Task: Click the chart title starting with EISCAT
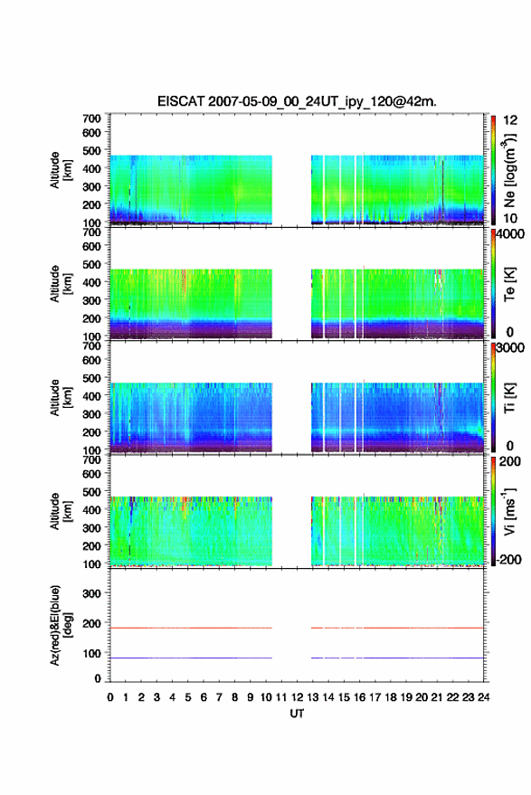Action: [297, 101]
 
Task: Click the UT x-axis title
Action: [297, 714]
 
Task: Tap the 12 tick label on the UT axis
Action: [298, 697]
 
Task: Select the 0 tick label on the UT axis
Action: [110, 697]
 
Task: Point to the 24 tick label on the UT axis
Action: [483, 697]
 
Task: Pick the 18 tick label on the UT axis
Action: [391, 697]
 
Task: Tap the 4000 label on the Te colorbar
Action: [509, 234]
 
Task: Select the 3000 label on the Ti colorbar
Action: [509, 348]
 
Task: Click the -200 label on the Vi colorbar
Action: [507, 559]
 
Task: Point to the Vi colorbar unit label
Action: [509, 511]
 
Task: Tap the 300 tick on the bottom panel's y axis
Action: [91, 593]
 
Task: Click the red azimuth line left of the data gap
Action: [191, 628]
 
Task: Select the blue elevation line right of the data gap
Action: [397, 658]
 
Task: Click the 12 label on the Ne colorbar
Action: [510, 120]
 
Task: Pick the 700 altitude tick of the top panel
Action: [91, 118]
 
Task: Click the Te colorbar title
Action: [509, 284]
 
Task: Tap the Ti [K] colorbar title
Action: [509, 398]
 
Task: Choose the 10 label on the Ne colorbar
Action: [510, 218]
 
